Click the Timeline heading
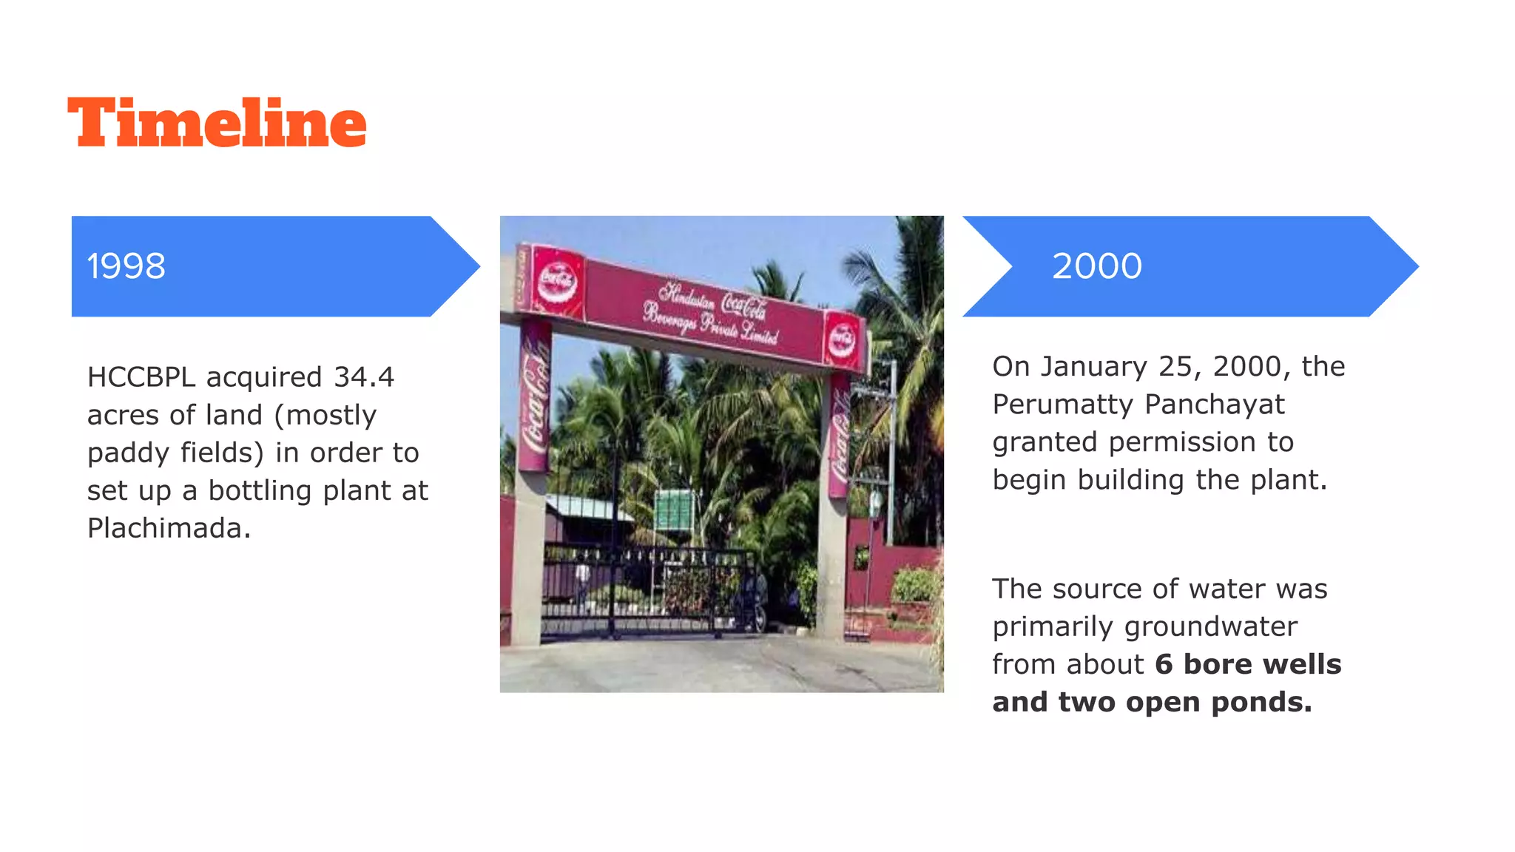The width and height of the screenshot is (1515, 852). [x=217, y=123]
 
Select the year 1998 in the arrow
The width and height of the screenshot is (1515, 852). [x=126, y=266]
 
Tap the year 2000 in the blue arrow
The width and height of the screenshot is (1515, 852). [x=1096, y=266]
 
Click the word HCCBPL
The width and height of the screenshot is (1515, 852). [x=141, y=377]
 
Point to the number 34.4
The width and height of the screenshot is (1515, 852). [x=364, y=377]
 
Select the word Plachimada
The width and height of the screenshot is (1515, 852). [x=169, y=528]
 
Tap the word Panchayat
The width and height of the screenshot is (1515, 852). [x=1215, y=405]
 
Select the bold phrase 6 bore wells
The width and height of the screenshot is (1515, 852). [x=1248, y=664]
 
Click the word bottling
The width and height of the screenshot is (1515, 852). [x=259, y=490]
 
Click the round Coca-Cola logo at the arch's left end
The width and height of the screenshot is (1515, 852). [x=558, y=280]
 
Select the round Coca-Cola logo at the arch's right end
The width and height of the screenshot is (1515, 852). [x=842, y=339]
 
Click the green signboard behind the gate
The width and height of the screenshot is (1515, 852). [x=674, y=509]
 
